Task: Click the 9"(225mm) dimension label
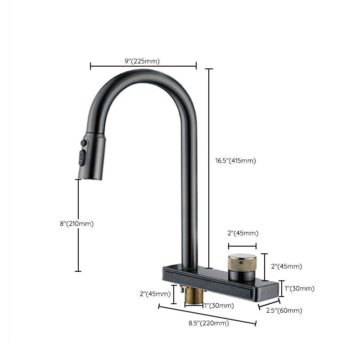pos(144,61)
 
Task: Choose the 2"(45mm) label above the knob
pos(243,233)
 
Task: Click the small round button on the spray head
pos(83,143)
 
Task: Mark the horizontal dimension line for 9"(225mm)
pos(144,67)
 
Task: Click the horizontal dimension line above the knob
pos(242,246)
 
